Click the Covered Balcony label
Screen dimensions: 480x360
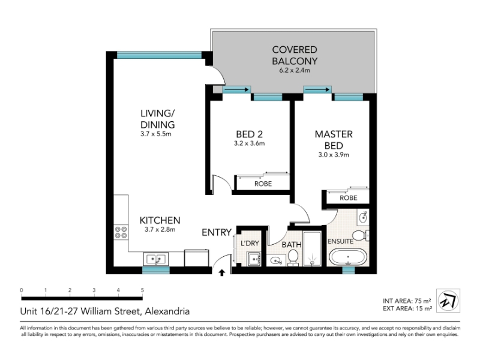point(295,55)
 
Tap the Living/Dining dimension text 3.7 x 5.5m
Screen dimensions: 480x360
point(156,134)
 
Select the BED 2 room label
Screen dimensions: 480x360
point(249,134)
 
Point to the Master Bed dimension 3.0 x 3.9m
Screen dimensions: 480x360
point(334,155)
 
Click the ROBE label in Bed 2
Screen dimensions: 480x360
point(263,184)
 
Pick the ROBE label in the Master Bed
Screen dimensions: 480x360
point(349,198)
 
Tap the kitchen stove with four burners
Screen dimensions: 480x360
point(121,232)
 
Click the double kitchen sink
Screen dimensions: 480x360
point(156,259)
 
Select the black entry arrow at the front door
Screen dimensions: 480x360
point(221,272)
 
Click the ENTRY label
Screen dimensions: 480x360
point(217,232)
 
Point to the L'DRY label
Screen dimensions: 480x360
point(250,243)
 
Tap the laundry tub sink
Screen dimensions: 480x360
point(254,259)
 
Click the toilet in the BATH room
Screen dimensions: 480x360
point(293,257)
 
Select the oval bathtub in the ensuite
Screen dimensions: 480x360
point(347,257)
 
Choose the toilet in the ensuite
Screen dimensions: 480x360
point(361,236)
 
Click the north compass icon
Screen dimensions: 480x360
point(448,301)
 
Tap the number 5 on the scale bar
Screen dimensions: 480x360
point(142,290)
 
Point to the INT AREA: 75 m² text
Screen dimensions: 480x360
point(407,301)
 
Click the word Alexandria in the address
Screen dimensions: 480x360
point(167,311)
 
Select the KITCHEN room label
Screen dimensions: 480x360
point(160,220)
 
